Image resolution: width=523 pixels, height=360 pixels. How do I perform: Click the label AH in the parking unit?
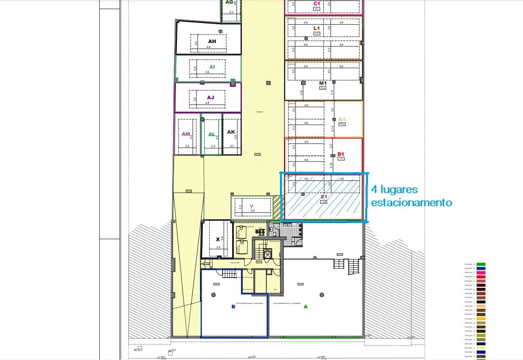212,41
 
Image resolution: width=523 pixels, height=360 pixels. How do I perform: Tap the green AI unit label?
212,66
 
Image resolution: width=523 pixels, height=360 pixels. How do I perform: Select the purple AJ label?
211,98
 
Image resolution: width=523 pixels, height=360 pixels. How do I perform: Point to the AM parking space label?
186,134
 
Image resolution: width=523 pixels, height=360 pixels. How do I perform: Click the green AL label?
212,134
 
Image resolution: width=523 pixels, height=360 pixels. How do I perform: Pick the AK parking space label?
231,132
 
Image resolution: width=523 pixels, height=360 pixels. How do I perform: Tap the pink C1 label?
316,4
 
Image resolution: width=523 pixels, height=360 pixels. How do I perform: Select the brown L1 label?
316,28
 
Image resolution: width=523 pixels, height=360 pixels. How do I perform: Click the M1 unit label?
323,83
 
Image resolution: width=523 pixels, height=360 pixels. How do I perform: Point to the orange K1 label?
342,120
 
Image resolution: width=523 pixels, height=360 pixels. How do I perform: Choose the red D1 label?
341,154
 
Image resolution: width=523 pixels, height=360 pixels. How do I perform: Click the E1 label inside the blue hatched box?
323,197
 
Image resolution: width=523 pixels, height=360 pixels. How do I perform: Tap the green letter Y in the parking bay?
251,206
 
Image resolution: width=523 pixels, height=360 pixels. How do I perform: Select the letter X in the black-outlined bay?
218,239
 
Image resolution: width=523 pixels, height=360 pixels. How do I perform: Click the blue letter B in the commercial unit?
233,306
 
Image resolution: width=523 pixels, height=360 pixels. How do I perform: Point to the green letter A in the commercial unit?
305,306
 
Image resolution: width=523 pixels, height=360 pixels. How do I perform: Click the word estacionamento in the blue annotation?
412,203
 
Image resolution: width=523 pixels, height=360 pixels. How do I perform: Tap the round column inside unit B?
213,294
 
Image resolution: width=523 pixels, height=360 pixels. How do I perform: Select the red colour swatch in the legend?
481,277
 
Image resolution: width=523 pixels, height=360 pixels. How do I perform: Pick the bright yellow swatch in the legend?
481,319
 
